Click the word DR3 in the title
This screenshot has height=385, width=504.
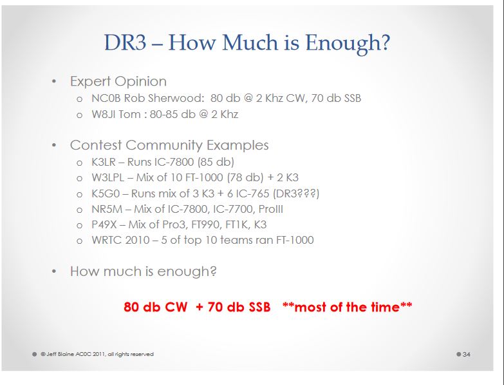[x=125, y=42]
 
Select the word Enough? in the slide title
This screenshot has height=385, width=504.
[x=348, y=43]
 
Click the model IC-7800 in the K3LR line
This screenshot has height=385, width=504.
[x=174, y=162]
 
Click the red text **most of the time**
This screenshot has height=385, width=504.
[x=347, y=307]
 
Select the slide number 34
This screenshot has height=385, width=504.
[x=467, y=355]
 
